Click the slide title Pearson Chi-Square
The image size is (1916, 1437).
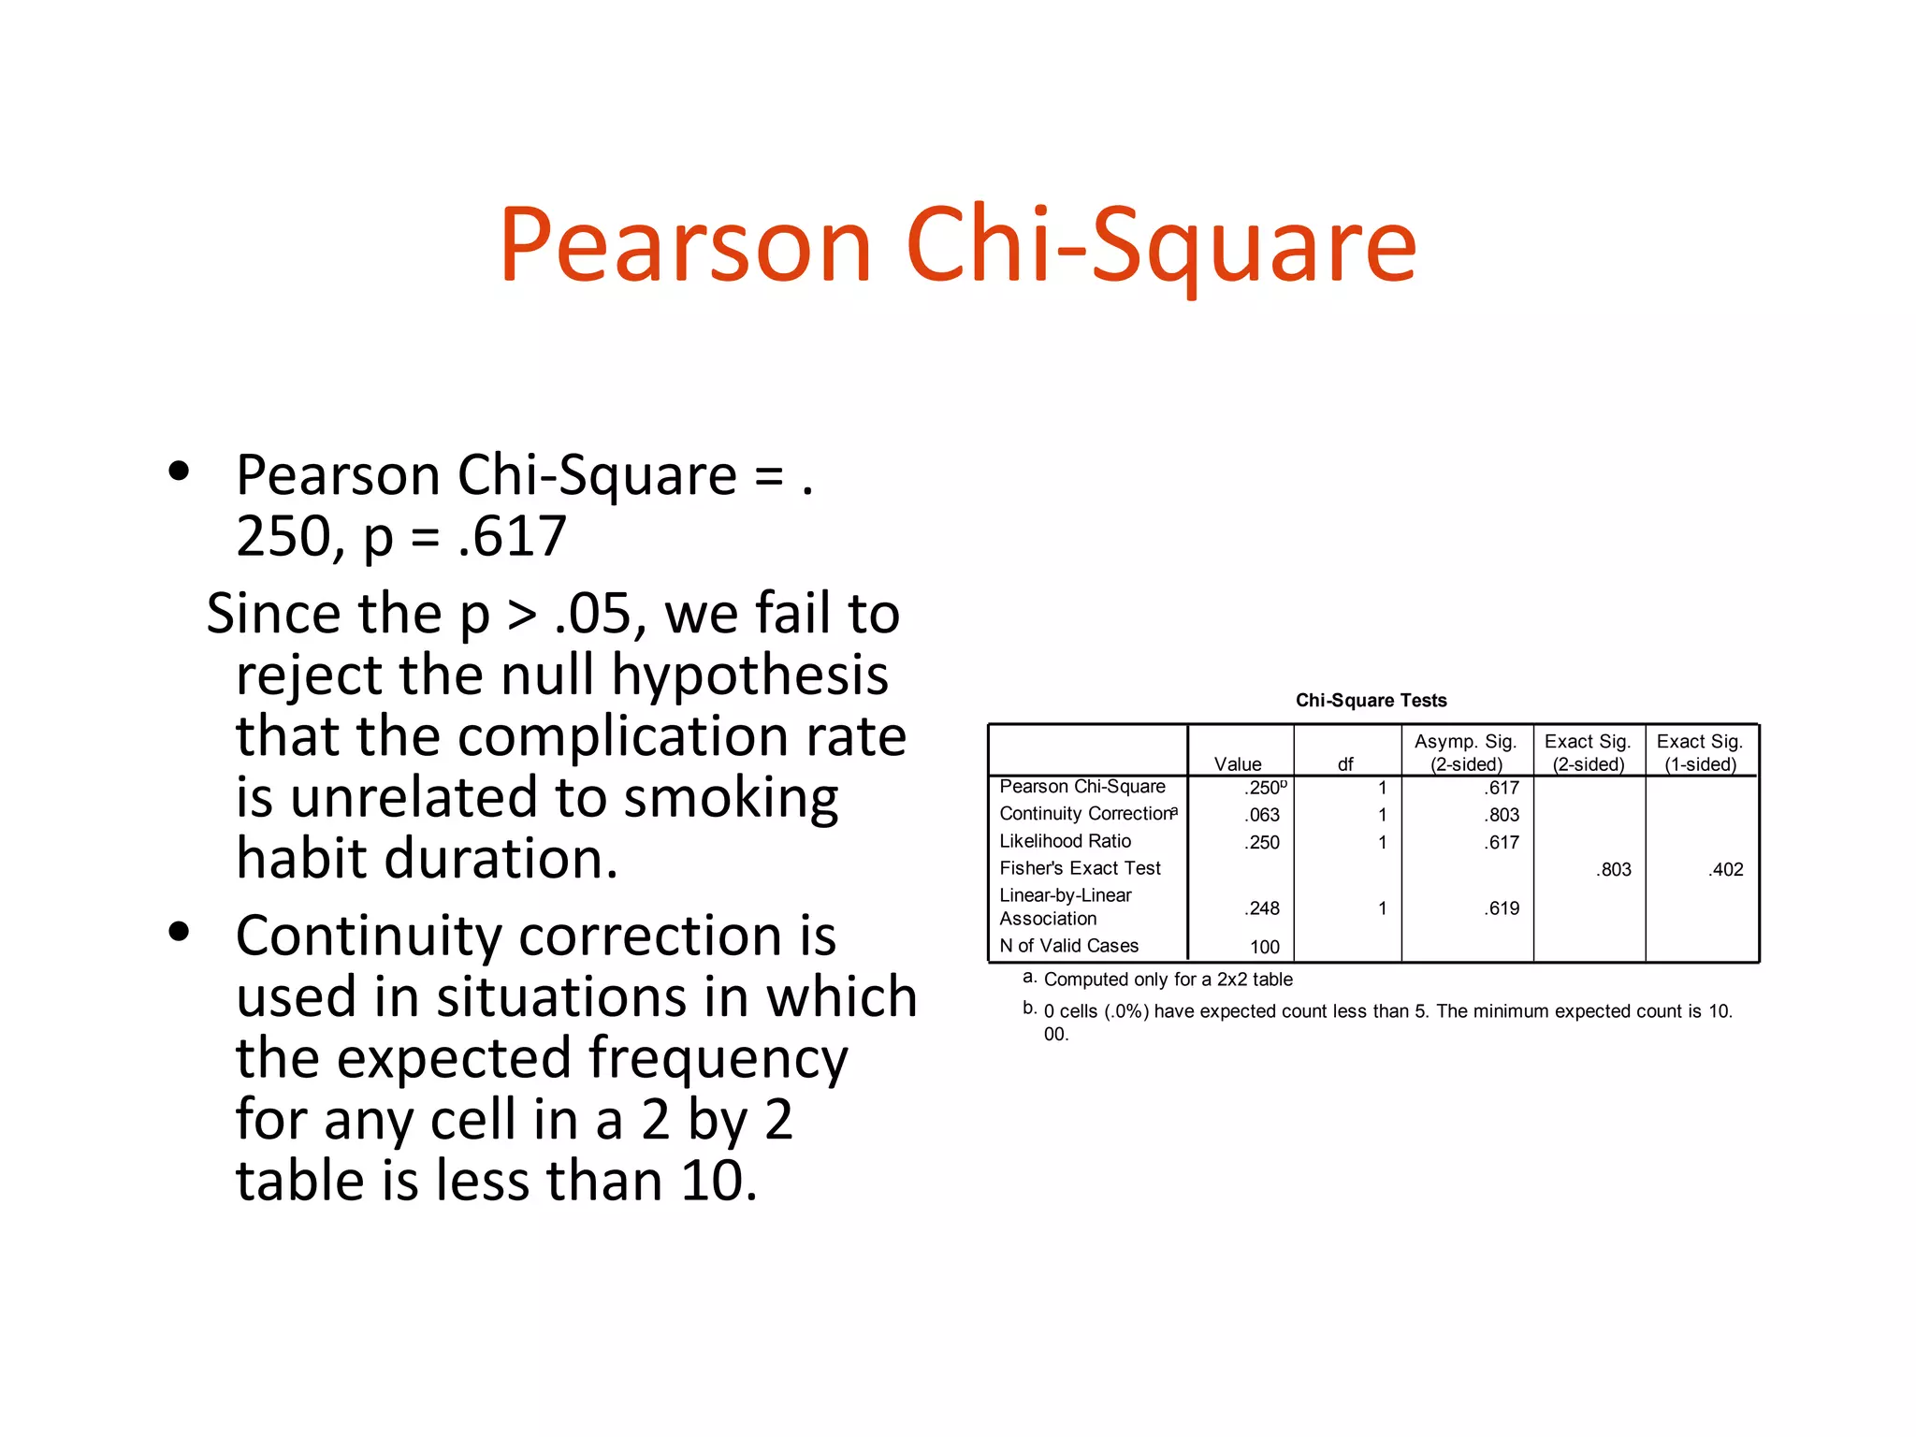957,245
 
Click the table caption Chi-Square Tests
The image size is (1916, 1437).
1371,701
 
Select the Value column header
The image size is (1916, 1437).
1237,764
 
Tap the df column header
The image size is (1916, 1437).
1345,764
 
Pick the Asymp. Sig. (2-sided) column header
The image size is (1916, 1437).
1465,753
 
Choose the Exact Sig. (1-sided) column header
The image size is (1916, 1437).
1700,753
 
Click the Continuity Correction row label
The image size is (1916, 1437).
1085,814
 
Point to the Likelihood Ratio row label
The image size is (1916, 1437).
1065,841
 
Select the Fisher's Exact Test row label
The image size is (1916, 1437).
1080,868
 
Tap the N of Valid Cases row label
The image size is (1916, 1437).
1068,946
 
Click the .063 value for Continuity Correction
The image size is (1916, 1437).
1262,815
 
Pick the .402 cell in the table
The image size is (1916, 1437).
1726,869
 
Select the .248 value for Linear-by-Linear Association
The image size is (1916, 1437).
1262,908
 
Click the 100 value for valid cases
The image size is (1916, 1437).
1265,947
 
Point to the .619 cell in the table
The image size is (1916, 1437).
1502,908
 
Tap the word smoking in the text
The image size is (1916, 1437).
731,798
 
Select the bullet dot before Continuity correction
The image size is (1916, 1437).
179,932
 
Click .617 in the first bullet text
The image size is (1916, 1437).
513,537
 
